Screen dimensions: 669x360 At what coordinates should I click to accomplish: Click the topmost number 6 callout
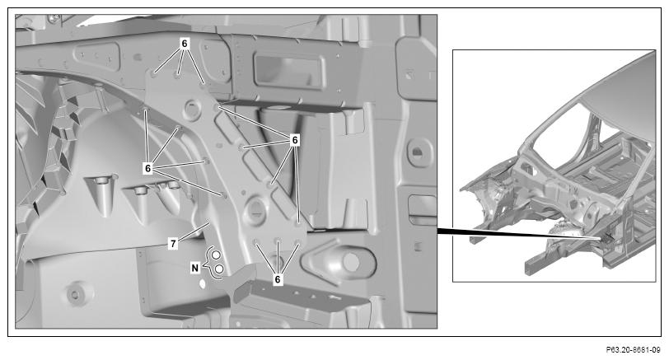coord(185,43)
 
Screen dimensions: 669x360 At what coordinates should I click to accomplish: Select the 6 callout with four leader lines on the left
coord(147,168)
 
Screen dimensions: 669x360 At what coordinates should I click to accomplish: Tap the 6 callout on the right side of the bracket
coord(294,139)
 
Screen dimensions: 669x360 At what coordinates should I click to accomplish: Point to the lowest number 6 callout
coord(278,279)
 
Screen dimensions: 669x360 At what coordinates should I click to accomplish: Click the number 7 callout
coord(173,244)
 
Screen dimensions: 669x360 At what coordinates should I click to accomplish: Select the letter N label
coord(195,268)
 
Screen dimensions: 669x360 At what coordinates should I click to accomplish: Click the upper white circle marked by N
coord(216,255)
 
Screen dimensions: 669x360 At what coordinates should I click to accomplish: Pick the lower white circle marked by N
coord(219,269)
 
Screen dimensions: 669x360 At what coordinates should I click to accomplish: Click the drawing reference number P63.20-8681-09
coord(633,350)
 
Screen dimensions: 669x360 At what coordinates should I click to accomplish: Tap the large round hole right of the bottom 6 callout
coord(351,262)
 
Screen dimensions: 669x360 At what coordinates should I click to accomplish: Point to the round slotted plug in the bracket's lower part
coord(256,210)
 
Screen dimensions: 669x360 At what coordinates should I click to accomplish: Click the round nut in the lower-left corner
coord(75,294)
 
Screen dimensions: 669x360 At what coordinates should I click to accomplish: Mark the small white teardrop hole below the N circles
coord(203,283)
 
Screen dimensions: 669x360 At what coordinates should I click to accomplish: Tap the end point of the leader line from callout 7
coord(208,222)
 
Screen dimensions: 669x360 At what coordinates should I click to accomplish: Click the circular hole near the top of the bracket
coord(191,109)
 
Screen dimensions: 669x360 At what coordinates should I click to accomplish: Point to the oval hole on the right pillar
coord(417,151)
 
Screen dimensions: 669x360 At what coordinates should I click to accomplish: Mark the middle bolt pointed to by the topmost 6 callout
coord(177,76)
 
